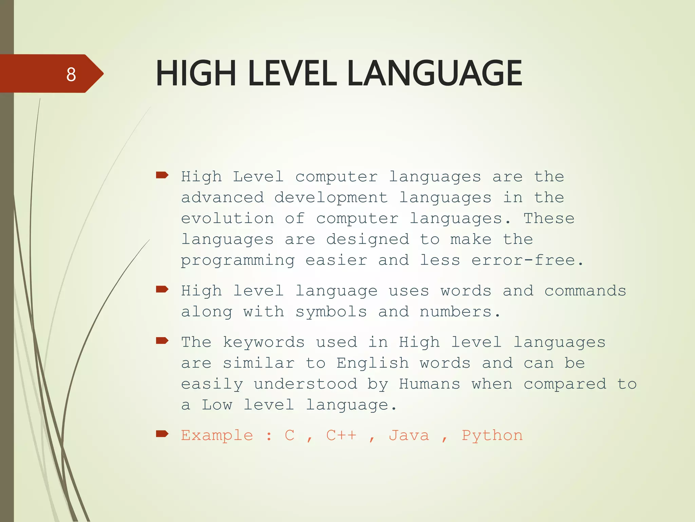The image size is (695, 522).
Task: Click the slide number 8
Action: (71, 74)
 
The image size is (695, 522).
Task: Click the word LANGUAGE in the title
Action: (435, 73)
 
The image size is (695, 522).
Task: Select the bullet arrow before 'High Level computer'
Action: (162, 175)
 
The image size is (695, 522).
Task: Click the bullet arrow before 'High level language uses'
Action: (162, 289)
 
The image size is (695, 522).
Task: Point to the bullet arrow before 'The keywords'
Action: (162, 341)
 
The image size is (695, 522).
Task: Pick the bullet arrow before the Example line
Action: (162, 434)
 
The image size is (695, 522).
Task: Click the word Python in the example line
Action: (492, 436)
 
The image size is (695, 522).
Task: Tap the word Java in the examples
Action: (409, 435)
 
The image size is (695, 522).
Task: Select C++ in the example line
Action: (341, 435)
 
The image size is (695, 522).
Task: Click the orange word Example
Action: (217, 435)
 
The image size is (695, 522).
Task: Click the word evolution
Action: (227, 219)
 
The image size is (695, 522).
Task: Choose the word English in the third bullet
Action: (373, 363)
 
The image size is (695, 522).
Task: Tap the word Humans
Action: (430, 384)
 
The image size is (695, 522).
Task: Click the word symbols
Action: (331, 312)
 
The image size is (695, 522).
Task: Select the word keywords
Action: (264, 342)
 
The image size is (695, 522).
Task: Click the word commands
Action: (585, 291)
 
